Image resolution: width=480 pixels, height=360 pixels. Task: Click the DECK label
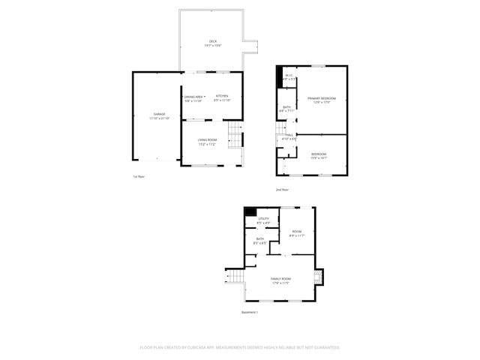point(212,41)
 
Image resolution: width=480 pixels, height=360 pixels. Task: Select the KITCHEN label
point(222,96)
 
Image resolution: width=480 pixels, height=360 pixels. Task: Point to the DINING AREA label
point(194,97)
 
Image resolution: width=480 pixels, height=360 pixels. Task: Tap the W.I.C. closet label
point(289,76)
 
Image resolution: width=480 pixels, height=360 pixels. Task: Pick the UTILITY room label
point(263,219)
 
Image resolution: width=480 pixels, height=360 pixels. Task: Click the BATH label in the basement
point(259,239)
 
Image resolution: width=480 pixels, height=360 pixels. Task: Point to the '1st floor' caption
point(138,176)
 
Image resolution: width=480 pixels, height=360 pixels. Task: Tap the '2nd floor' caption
point(282,189)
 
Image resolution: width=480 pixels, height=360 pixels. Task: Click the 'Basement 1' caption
point(250,312)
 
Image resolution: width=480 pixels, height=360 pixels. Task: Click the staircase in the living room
point(235,139)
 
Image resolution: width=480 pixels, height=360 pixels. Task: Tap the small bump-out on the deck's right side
point(253,43)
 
